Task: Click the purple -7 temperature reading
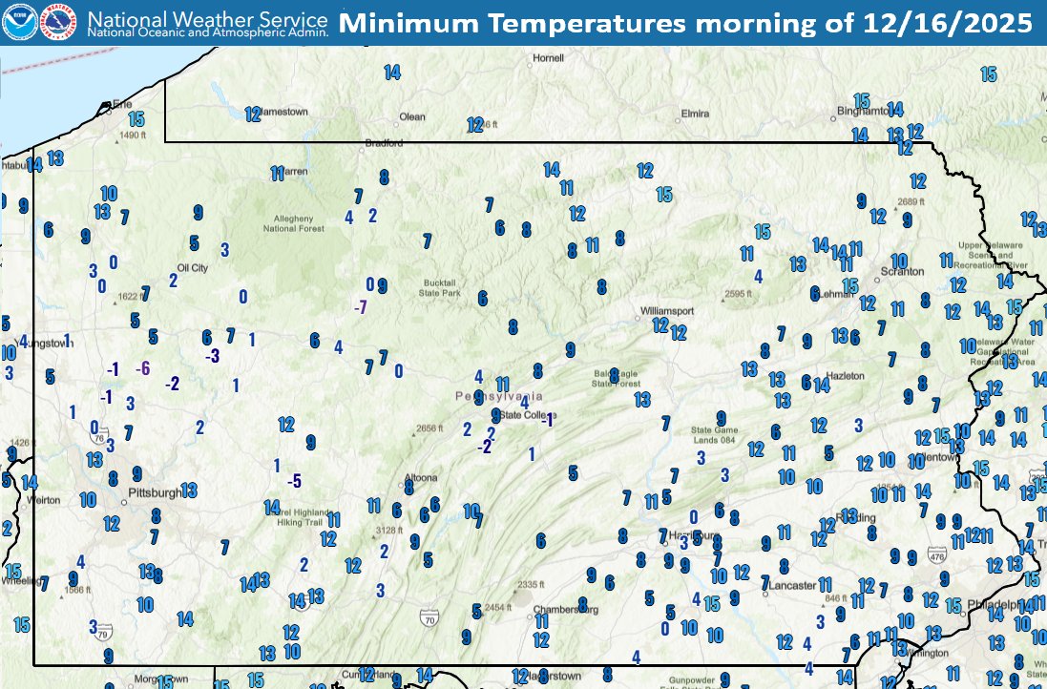click(x=360, y=307)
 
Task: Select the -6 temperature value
click(x=143, y=368)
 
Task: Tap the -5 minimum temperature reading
click(x=295, y=480)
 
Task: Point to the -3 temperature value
click(x=213, y=355)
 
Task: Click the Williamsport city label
click(x=666, y=311)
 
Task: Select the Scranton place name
click(x=902, y=272)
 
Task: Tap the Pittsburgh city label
click(x=153, y=493)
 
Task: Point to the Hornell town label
click(x=549, y=58)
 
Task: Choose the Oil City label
click(x=193, y=268)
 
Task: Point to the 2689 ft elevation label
click(x=912, y=201)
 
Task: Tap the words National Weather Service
click(x=207, y=16)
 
